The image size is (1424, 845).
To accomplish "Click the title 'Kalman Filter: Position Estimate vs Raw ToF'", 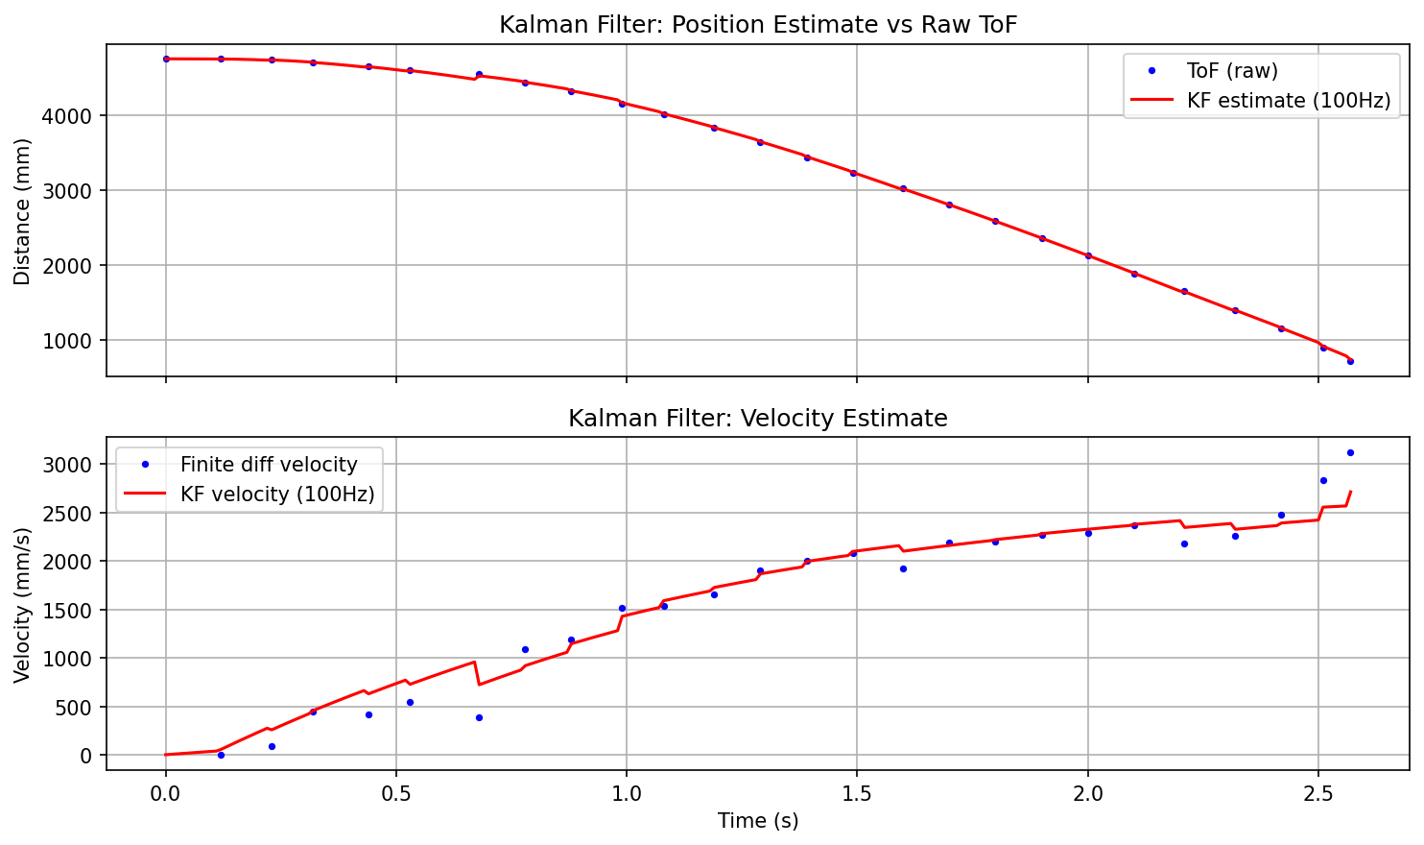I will [757, 25].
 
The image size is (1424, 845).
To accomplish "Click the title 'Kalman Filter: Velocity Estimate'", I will [757, 419].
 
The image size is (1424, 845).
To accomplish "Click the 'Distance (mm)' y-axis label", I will [22, 211].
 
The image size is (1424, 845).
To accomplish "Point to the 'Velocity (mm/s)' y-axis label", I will [22, 604].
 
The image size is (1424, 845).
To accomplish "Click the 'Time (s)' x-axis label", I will [757, 821].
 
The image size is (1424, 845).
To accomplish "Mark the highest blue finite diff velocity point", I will [1350, 452].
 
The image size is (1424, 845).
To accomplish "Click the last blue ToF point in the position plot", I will [1350, 361].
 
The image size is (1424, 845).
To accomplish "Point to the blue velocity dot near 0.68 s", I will [479, 717].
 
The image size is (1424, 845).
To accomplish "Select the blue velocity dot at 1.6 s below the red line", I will [903, 568].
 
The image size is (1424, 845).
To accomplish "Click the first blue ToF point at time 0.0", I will [166, 59].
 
